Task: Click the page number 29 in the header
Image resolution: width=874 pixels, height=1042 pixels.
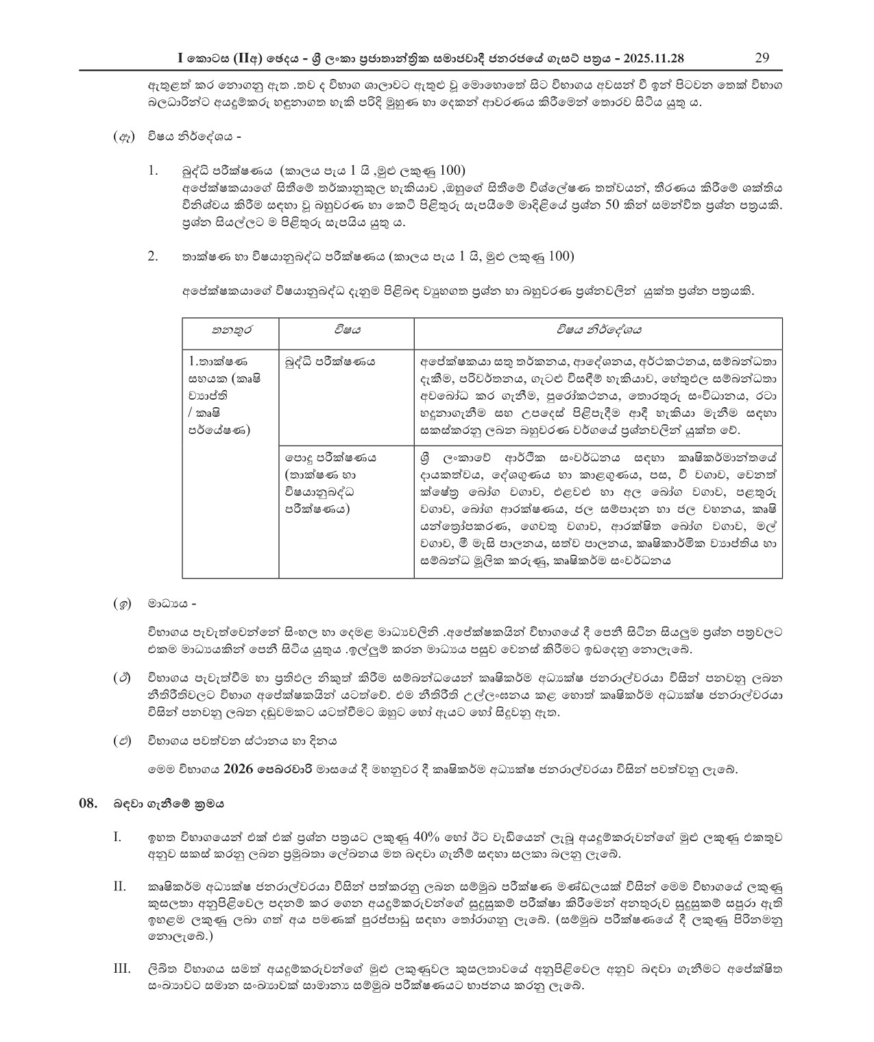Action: coord(761,57)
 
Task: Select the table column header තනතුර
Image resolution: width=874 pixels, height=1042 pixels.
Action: coord(230,330)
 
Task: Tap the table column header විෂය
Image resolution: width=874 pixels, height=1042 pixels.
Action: coord(347,330)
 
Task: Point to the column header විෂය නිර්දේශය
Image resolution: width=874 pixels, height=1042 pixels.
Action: coord(598,330)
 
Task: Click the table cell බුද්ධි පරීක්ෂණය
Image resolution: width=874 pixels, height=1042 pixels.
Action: coord(330,361)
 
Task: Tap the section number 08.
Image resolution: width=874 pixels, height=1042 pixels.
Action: coord(89,803)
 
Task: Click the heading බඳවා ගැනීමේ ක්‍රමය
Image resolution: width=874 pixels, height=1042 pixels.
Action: coord(169,803)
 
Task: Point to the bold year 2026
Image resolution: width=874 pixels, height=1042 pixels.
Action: coord(237,769)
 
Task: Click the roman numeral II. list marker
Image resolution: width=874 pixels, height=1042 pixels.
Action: coord(119,888)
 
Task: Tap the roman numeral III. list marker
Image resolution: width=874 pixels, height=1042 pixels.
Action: coord(121,968)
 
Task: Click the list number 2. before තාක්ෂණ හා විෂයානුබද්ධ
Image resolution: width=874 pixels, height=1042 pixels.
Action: coord(153,256)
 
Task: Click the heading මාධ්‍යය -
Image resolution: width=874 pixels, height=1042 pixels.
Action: coord(172,604)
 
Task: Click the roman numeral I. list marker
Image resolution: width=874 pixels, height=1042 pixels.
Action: coord(117,837)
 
